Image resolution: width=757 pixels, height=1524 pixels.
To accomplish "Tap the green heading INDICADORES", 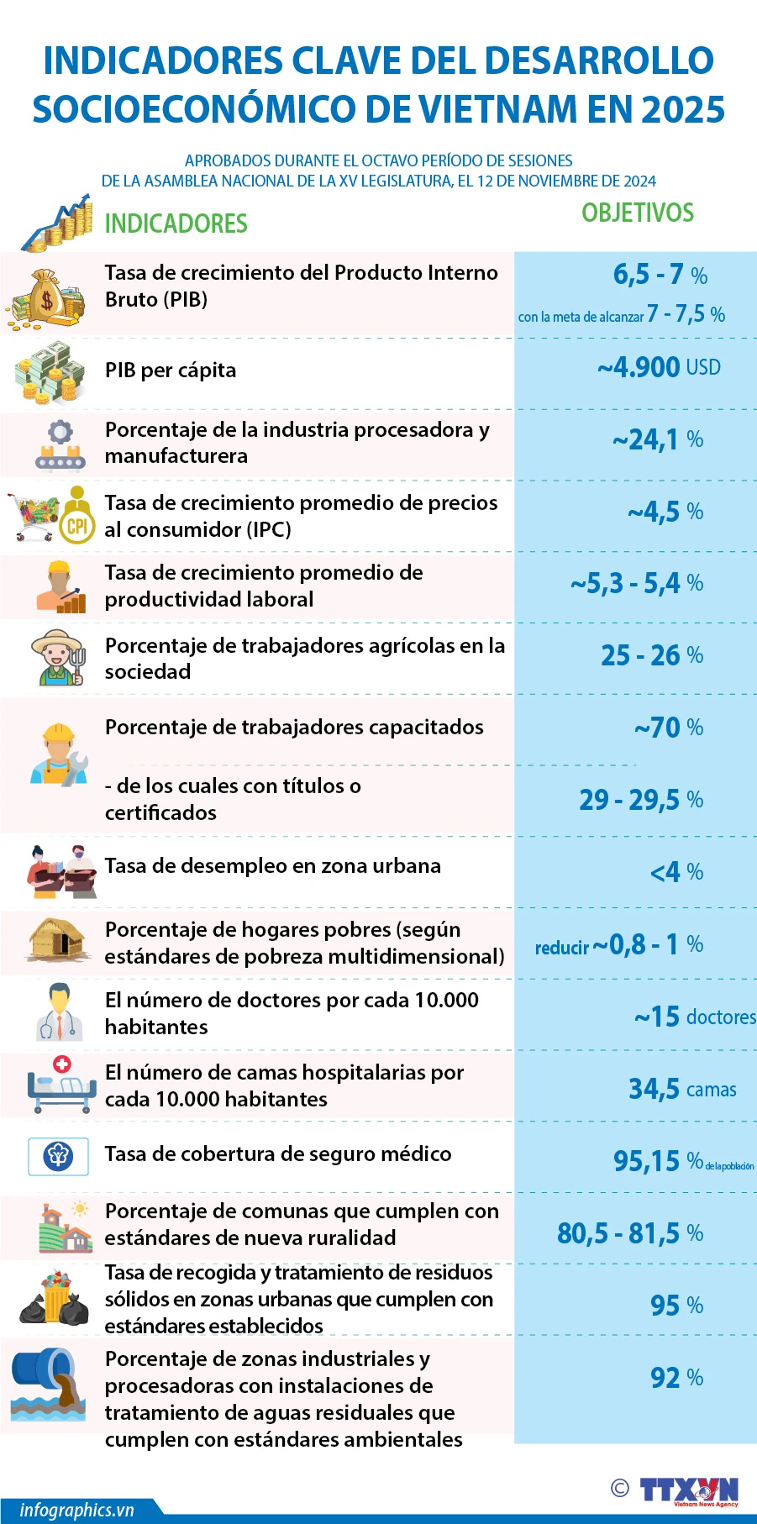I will [176, 223].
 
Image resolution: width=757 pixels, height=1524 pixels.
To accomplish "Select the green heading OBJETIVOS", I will [638, 213].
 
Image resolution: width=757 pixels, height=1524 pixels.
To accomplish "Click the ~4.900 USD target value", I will [659, 367].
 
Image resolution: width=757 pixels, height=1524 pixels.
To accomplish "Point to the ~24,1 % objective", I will [657, 439].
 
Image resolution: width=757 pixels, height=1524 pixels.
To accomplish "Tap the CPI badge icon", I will [77, 526].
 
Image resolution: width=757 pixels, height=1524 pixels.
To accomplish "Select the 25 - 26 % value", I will [652, 655].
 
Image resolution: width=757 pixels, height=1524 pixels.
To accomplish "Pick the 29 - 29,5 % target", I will [641, 800].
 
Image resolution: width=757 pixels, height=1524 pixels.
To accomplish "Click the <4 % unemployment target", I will [676, 872].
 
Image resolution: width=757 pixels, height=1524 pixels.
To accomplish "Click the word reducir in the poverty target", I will [562, 948].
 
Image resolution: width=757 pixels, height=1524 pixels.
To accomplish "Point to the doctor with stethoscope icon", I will [59, 1012].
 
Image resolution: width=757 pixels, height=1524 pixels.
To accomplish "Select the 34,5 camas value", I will [682, 1089].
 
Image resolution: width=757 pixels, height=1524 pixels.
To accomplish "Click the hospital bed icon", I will [59, 1085].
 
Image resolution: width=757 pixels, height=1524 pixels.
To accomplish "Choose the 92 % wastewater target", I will [676, 1378].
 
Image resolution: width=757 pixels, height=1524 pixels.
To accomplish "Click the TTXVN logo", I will [688, 1490].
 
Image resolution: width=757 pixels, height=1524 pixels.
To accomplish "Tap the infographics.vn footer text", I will [76, 1510].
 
